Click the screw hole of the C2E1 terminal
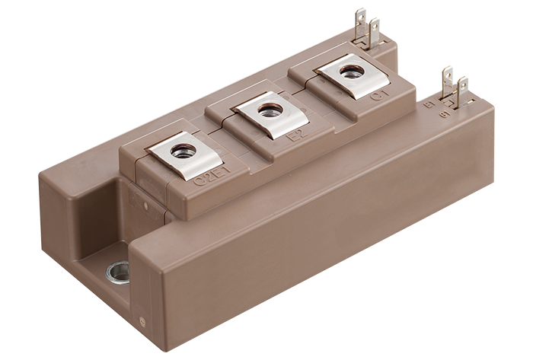click(x=183, y=151)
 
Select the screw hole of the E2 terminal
click(x=267, y=111)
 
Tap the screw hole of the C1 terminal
click(x=352, y=72)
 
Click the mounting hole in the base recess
click(x=119, y=270)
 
